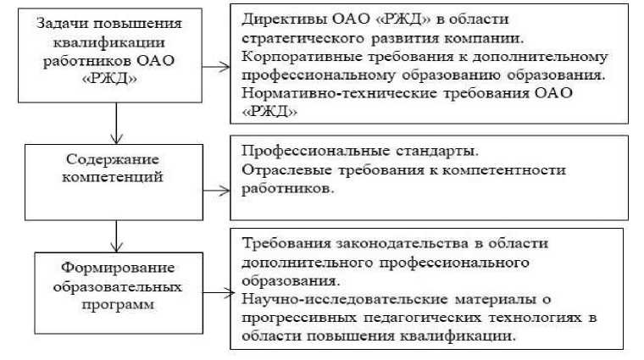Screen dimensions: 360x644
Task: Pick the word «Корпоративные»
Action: point(293,57)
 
